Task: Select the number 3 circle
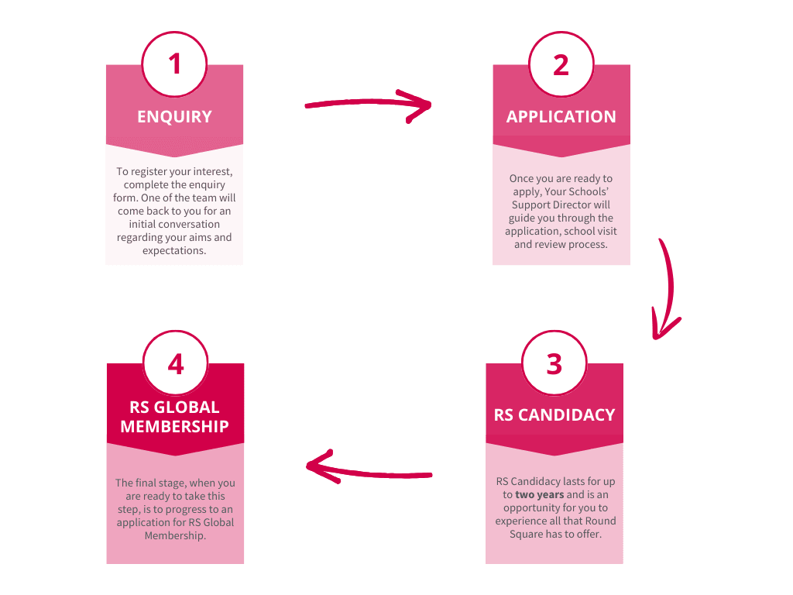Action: pos(554,363)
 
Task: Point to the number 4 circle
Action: pos(175,363)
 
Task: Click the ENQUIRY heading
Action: pos(174,117)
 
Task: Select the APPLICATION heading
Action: pos(561,117)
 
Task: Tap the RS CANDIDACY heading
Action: pos(554,414)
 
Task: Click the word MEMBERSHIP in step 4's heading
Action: pos(175,426)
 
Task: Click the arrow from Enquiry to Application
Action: pos(368,105)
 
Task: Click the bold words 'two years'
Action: pos(539,494)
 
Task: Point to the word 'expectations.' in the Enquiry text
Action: pos(174,250)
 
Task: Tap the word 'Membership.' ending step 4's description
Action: pos(175,535)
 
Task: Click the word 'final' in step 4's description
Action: pos(149,483)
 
